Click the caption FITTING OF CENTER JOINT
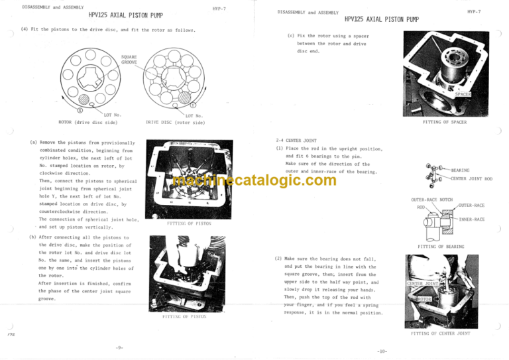coord(441,334)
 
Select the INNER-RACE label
coord(472,219)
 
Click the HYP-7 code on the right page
coord(474,12)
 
